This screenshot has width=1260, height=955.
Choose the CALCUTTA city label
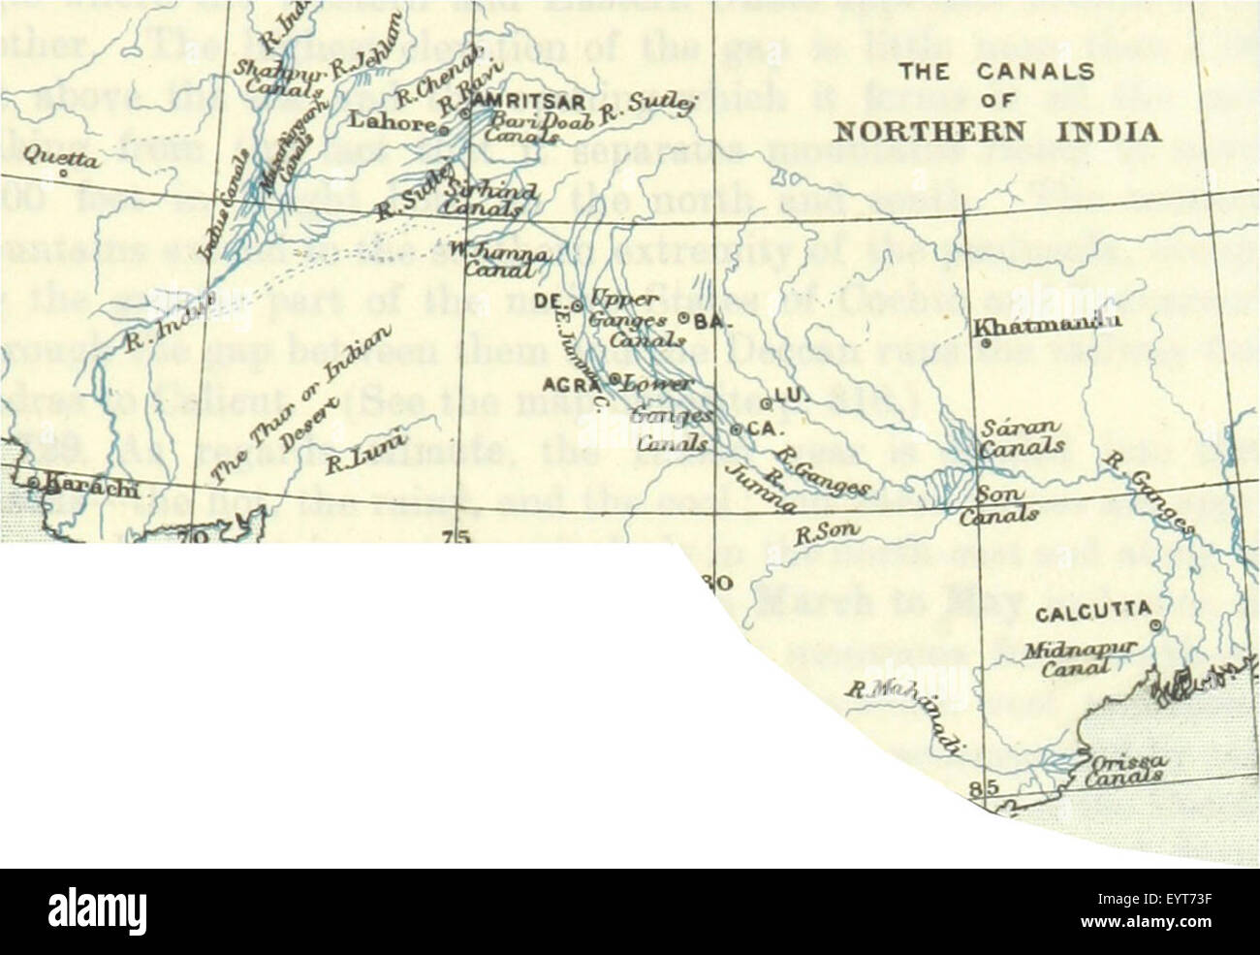click(1092, 614)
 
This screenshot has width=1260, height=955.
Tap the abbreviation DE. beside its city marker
click(549, 302)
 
